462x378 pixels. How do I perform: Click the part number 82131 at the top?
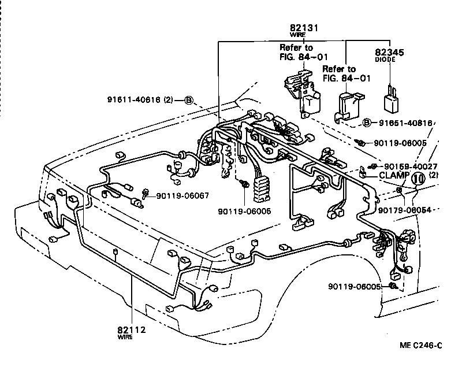(304, 27)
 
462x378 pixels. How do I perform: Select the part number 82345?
(390, 52)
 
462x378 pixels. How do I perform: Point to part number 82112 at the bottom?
(132, 330)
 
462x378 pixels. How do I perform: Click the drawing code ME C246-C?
(421, 346)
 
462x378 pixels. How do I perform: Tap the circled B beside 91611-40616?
(189, 99)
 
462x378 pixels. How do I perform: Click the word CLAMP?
(394, 175)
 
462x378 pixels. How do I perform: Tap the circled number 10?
(418, 178)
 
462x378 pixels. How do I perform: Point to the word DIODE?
(390, 59)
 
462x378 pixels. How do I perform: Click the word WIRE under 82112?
(125, 337)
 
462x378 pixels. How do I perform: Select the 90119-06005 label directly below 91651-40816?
(400, 142)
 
